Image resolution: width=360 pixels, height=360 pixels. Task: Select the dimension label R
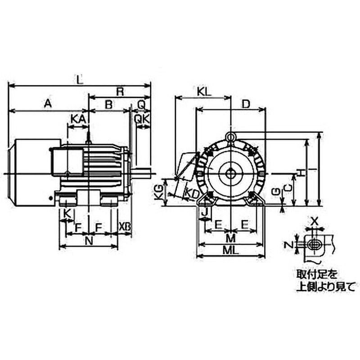click(x=120, y=91)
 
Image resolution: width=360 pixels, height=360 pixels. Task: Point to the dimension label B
click(x=108, y=104)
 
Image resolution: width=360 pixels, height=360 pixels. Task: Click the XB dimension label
click(x=125, y=227)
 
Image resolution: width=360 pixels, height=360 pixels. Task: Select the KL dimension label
click(x=204, y=91)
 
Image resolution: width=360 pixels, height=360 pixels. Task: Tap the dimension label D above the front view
click(x=246, y=104)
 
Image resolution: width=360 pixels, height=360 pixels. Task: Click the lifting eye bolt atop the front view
click(x=230, y=136)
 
